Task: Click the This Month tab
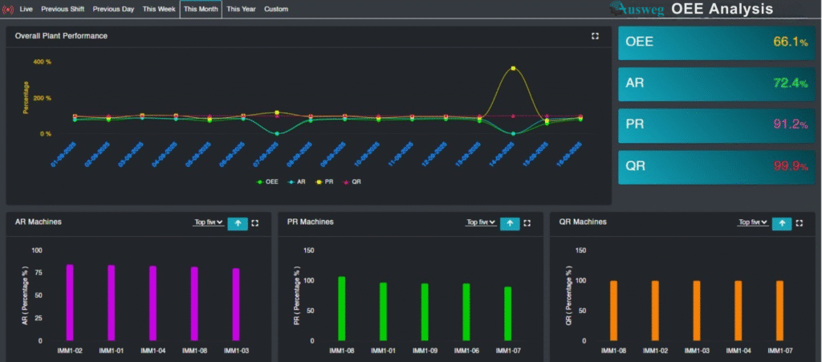(x=200, y=10)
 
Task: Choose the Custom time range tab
(x=275, y=10)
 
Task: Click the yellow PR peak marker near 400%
(x=513, y=69)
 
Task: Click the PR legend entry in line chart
(x=324, y=182)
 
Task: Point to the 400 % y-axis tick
(x=43, y=62)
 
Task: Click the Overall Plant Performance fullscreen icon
(x=595, y=36)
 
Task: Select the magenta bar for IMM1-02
(x=70, y=302)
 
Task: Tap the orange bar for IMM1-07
(x=779, y=310)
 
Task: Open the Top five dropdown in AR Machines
(x=209, y=223)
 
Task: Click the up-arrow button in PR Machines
(x=510, y=224)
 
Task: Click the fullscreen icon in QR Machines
(x=799, y=224)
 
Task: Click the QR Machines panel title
(x=583, y=222)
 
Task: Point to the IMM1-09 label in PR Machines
(x=425, y=351)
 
